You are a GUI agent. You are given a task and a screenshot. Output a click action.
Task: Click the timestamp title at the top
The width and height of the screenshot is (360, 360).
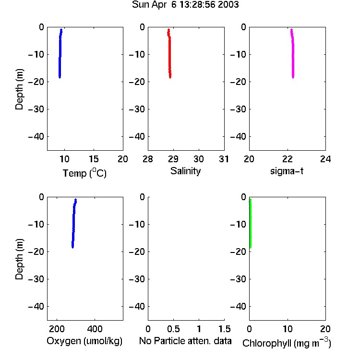(185, 5)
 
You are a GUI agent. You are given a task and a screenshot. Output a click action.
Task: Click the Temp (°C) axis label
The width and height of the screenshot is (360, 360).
(84, 173)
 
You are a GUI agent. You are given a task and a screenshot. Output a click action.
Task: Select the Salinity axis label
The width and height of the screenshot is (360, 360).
(185, 171)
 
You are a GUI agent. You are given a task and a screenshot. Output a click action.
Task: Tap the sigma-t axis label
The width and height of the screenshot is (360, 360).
(287, 171)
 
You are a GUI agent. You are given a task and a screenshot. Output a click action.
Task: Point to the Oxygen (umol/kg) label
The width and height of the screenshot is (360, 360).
(84, 341)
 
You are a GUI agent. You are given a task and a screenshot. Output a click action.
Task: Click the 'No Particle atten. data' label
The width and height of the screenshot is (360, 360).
(185, 341)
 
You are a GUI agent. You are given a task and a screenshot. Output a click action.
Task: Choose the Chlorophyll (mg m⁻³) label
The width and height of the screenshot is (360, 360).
(287, 343)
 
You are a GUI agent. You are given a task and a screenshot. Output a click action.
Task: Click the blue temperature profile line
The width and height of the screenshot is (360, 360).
(60, 53)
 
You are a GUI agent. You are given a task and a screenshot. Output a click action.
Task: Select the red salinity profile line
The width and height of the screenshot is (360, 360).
(169, 53)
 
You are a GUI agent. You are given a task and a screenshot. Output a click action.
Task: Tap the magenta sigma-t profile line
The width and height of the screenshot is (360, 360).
(293, 53)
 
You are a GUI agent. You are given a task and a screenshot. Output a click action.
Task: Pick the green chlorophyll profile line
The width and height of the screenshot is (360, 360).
(250, 223)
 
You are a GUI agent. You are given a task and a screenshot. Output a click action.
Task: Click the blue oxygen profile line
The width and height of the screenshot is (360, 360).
(74, 223)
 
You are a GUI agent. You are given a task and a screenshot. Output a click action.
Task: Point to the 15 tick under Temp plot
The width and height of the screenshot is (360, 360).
(94, 159)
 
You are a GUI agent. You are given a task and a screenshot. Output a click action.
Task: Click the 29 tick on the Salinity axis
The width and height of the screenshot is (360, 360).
(173, 159)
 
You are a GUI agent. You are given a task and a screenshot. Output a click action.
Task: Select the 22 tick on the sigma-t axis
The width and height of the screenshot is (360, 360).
(287, 159)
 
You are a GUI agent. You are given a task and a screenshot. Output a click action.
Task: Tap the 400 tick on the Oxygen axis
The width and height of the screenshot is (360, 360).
(95, 329)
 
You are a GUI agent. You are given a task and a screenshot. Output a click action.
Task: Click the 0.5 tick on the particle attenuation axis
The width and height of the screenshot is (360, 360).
(173, 329)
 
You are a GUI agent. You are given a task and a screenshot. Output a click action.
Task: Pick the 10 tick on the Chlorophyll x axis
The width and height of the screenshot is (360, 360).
(288, 329)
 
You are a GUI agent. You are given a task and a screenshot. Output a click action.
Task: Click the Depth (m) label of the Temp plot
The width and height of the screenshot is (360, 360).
(19, 89)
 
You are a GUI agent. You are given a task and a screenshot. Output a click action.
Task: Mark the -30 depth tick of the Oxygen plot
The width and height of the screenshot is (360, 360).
(36, 279)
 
